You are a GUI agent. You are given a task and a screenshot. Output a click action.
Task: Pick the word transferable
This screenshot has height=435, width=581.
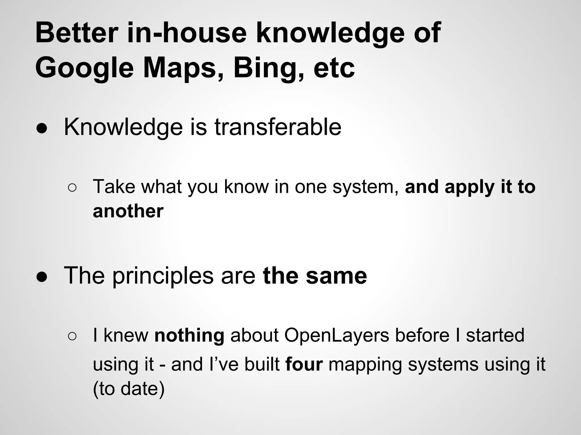coord(278,127)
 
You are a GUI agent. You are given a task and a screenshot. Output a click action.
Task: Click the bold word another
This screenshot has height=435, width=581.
coord(128,211)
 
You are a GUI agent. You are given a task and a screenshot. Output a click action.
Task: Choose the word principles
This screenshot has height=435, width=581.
coord(163,276)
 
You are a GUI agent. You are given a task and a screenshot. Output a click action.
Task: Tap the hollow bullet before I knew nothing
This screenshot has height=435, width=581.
coord(72,336)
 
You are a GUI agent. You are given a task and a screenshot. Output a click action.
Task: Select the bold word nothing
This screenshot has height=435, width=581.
coord(189,335)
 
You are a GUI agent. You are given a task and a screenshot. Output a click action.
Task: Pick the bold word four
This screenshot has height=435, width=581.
coord(304,364)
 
